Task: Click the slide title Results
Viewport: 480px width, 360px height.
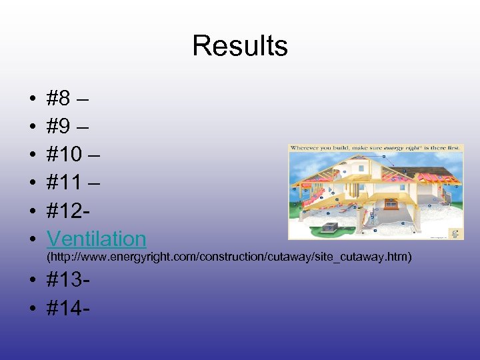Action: pos(240,46)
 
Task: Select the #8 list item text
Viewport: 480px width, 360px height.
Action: pos(69,99)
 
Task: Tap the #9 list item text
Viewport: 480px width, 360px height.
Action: pos(69,127)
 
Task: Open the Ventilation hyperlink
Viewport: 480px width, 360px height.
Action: pos(97,238)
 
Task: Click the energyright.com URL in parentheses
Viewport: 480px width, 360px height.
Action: pos(229,257)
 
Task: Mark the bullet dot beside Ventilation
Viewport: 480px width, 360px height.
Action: pos(33,239)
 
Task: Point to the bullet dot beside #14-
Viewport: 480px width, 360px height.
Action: pos(33,310)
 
